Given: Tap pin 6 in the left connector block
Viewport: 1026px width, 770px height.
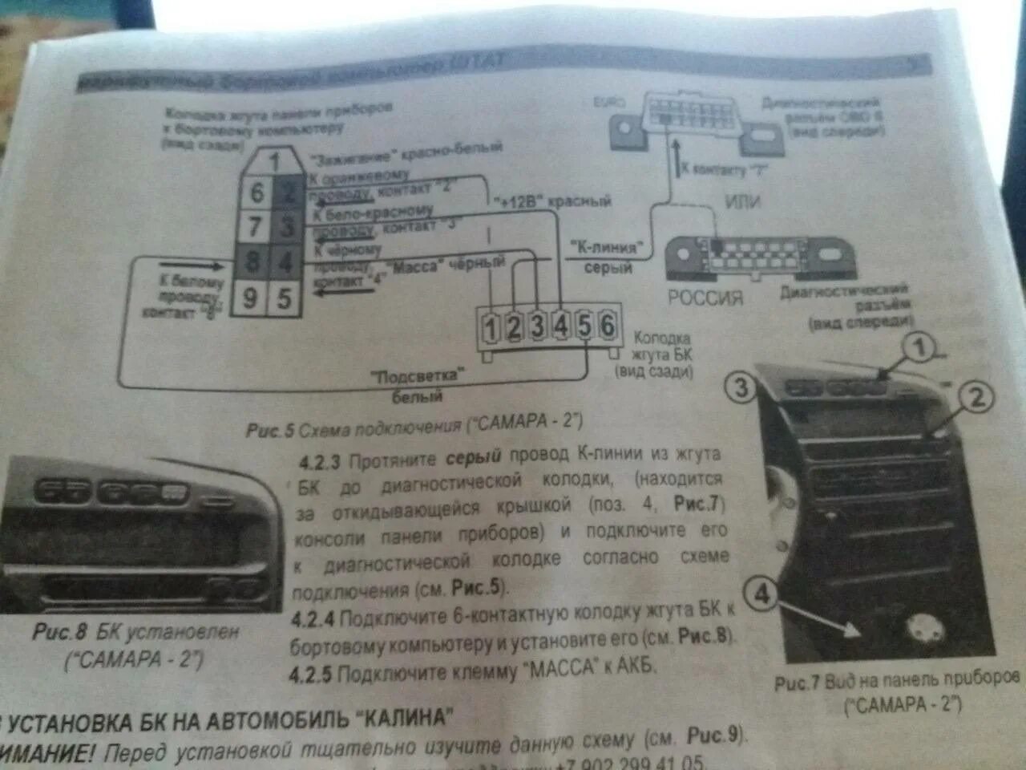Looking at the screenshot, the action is [x=257, y=192].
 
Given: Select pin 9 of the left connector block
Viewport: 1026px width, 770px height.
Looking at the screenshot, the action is [x=250, y=299].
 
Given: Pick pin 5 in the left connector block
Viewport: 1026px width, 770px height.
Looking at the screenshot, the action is [x=284, y=299].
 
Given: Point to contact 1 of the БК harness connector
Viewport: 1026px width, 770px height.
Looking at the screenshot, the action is [x=490, y=327].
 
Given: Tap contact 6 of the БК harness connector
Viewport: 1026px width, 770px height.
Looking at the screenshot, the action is [x=607, y=326].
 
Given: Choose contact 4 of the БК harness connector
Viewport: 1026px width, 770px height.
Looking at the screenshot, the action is [x=561, y=326].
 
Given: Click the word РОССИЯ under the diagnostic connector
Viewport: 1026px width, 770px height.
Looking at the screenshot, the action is [x=705, y=298].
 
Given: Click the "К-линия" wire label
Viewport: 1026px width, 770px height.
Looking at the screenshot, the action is [x=606, y=247].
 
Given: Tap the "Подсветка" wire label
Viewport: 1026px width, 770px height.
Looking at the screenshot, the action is [x=418, y=376].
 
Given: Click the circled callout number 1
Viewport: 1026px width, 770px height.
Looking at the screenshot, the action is [x=920, y=347].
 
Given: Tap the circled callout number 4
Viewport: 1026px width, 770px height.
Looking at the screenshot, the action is [x=761, y=594].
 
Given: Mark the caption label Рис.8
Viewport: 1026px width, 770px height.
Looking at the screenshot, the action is [x=59, y=631].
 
